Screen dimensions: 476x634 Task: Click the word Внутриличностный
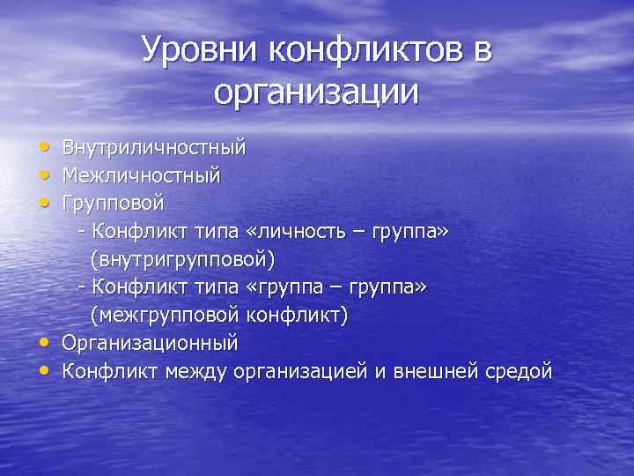click(x=153, y=146)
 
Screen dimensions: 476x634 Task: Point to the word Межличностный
click(x=141, y=176)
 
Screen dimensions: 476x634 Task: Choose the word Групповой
click(x=113, y=205)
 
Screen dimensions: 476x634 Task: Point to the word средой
click(x=519, y=371)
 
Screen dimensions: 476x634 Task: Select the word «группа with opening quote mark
click(x=276, y=287)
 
